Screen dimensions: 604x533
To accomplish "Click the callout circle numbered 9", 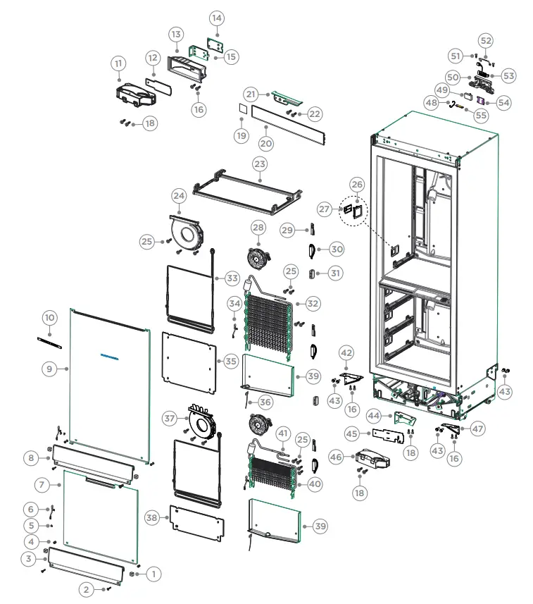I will (x=49, y=368).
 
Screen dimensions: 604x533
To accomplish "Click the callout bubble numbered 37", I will (x=170, y=418).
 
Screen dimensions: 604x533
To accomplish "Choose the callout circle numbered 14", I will (x=216, y=18).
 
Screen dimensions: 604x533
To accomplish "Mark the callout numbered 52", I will (x=486, y=40).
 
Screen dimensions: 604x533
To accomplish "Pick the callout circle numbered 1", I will (x=153, y=574).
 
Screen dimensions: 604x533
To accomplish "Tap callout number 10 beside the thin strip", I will (x=49, y=318).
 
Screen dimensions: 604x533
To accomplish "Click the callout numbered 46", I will (x=337, y=457).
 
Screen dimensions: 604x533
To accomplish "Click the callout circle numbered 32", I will (x=312, y=304).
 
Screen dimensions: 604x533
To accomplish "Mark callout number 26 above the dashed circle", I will (x=357, y=185).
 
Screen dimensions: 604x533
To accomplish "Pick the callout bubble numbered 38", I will (x=151, y=517).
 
